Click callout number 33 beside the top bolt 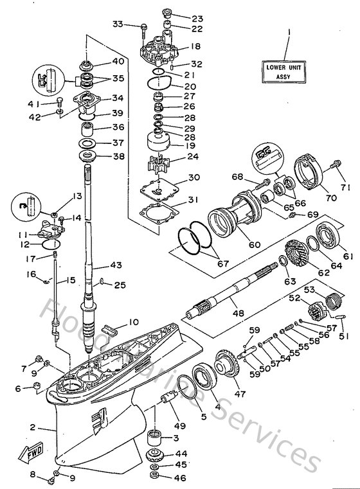pos(117,24)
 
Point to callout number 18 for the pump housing pos(195,47)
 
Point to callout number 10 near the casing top pos(133,322)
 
